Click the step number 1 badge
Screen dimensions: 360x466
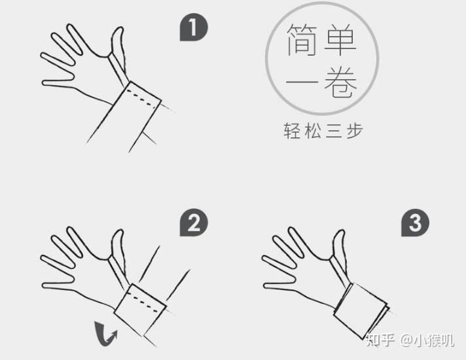coord(194,28)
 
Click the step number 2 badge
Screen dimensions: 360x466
coord(194,224)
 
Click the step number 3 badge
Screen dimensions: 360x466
coord(415,224)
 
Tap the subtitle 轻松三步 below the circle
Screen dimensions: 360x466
coord(323,130)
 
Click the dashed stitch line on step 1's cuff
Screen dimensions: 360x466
coord(143,95)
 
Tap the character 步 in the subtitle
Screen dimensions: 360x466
coord(353,130)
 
